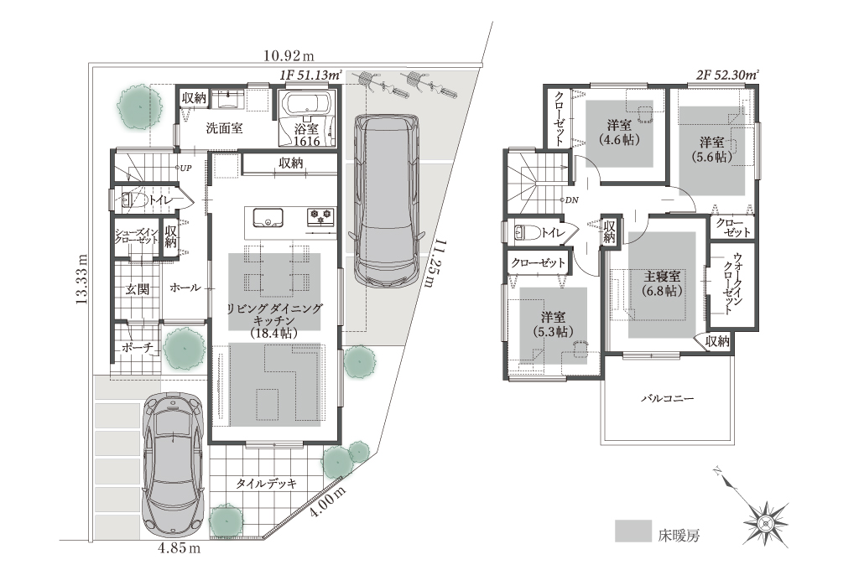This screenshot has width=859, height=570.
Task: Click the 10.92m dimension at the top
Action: pyautogui.click(x=289, y=55)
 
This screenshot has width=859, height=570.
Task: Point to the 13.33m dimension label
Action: pyautogui.click(x=81, y=278)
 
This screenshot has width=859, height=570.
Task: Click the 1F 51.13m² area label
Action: pyautogui.click(x=311, y=75)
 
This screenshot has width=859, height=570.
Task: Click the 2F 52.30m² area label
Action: pyautogui.click(x=727, y=75)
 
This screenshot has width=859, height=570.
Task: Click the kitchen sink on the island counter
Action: pyautogui.click(x=268, y=217)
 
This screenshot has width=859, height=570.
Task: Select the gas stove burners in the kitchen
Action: pyautogui.click(x=321, y=217)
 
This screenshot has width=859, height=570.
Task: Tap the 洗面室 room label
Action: pyautogui.click(x=224, y=129)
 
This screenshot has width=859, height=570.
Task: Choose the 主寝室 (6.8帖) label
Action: pyautogui.click(x=663, y=283)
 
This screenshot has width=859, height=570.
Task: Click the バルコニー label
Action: pyautogui.click(x=667, y=398)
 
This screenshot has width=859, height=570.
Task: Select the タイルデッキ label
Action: pyautogui.click(x=266, y=484)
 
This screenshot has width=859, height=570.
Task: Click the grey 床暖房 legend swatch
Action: pyautogui.click(x=633, y=531)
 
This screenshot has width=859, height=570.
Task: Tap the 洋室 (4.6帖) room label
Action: pyautogui.click(x=619, y=132)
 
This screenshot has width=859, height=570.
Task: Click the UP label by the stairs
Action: pyautogui.click(x=185, y=168)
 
